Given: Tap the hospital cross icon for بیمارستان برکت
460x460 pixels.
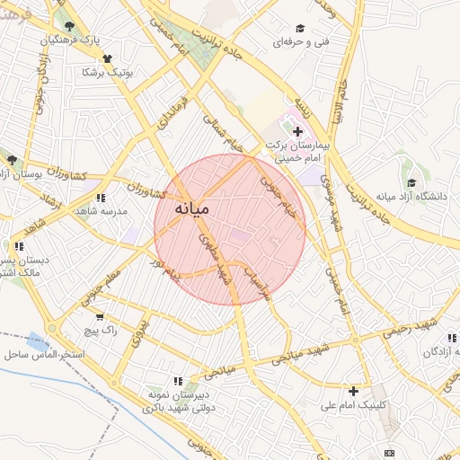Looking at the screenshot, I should click(298, 132).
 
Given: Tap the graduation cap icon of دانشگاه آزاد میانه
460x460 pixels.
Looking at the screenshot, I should click(411, 183).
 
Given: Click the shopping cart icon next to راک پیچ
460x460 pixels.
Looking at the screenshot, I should click(100, 317).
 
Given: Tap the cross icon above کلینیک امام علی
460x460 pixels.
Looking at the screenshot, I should click(354, 391).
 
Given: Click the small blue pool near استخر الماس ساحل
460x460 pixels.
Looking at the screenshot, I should click(37, 341).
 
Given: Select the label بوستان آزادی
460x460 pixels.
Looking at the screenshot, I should click(31, 172).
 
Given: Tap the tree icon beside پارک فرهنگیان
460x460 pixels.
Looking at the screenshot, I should click(71, 27).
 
